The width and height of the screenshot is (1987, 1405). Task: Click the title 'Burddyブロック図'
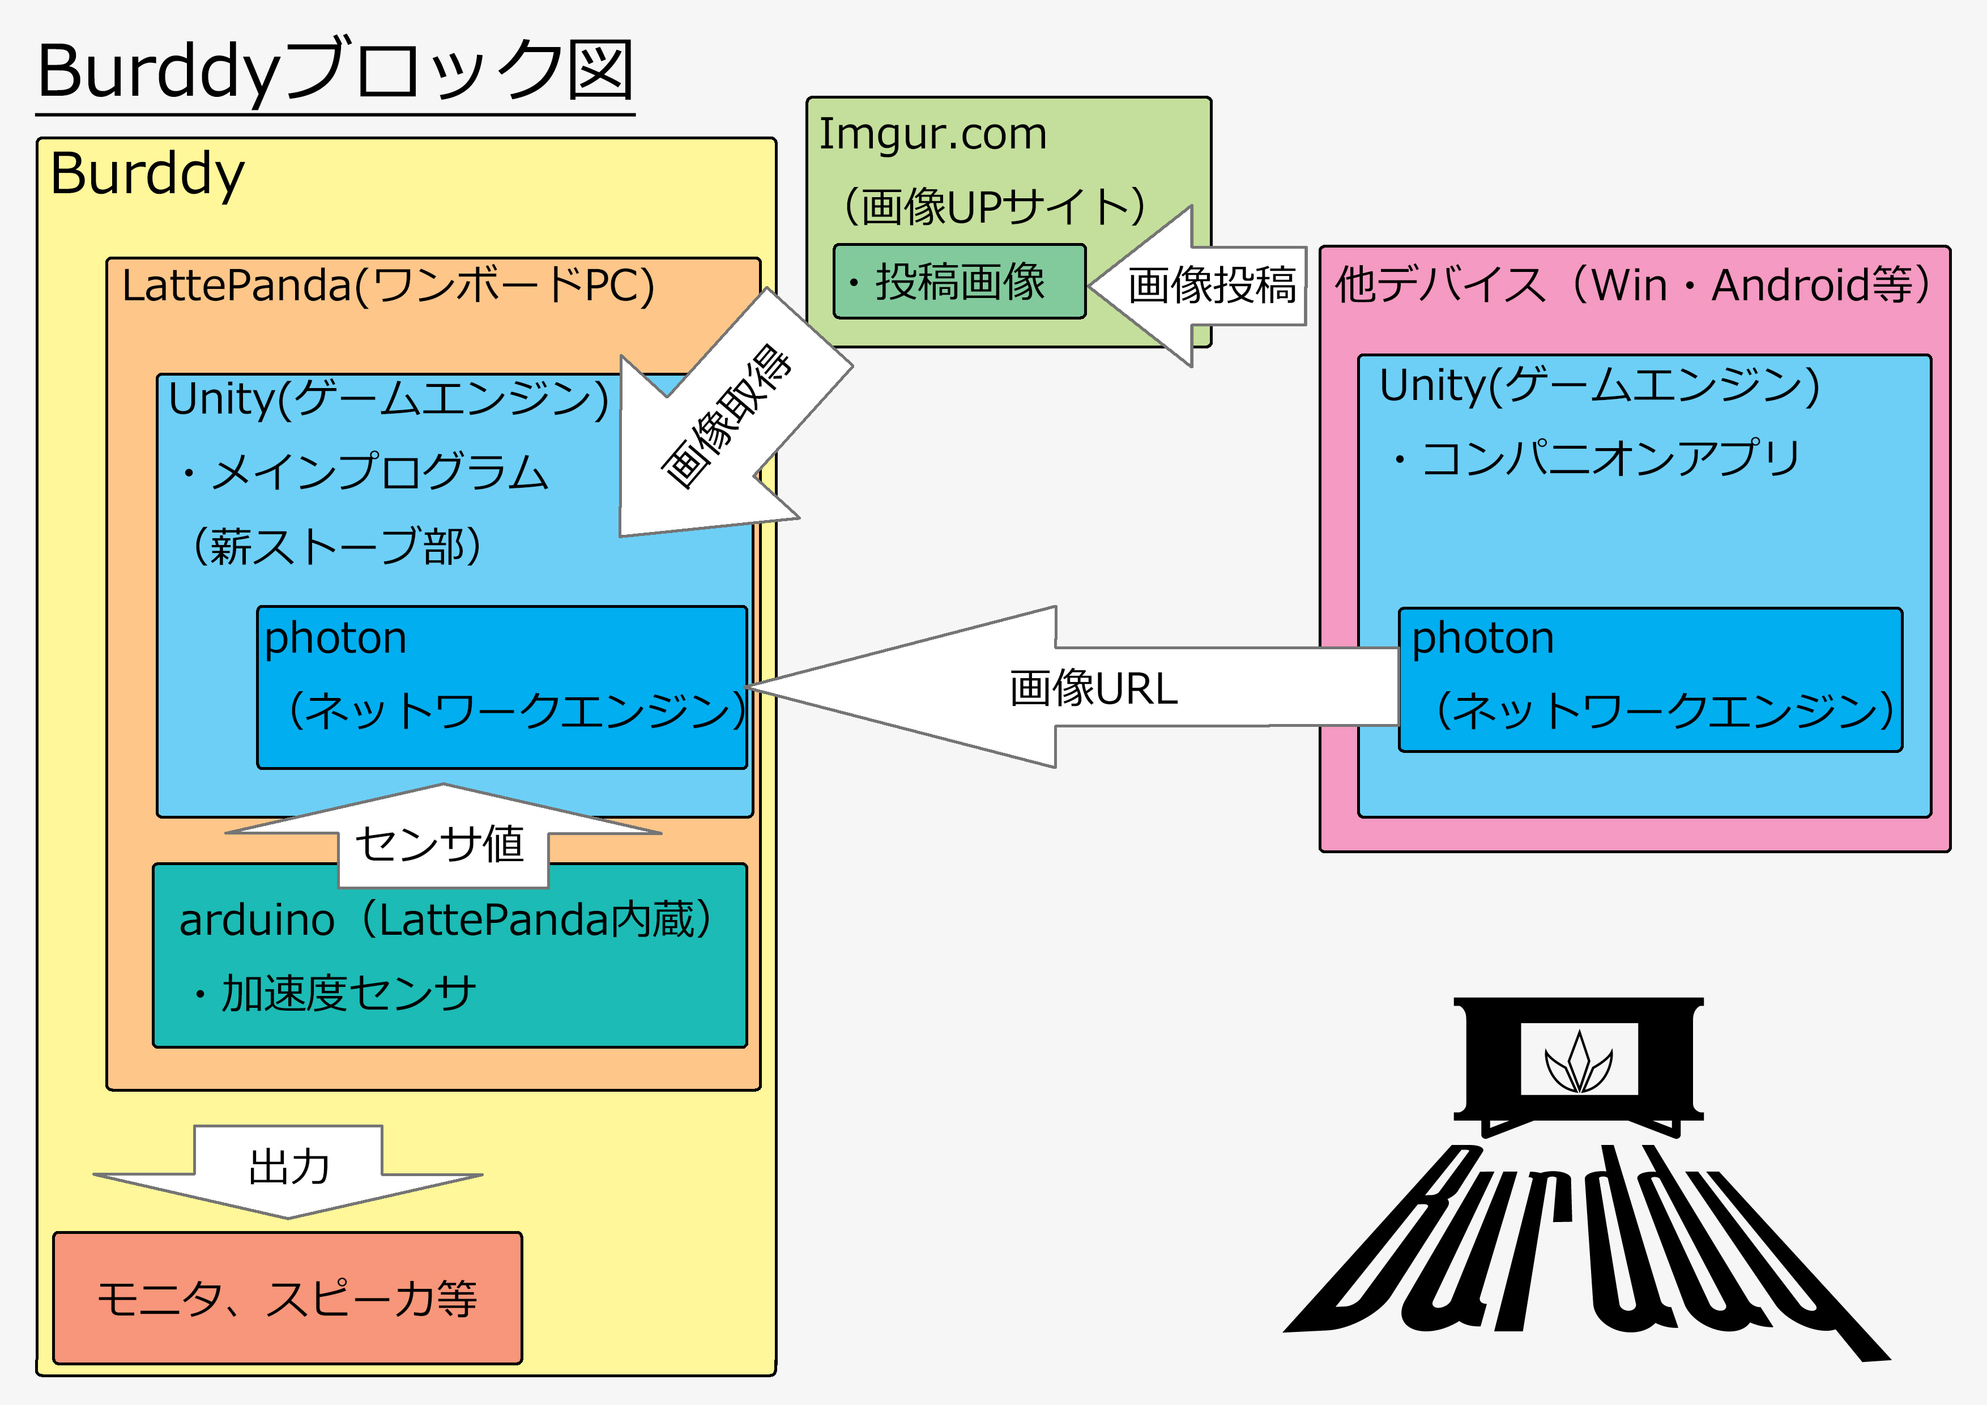[x=336, y=71]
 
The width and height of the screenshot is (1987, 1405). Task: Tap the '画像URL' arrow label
[x=1094, y=689]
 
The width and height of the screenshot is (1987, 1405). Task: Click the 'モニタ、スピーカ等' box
[x=287, y=1298]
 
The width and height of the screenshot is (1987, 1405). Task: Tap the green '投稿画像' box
[x=959, y=282]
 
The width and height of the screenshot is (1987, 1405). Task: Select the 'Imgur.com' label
[x=933, y=134]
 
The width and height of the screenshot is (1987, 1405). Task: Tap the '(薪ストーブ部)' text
[x=336, y=546]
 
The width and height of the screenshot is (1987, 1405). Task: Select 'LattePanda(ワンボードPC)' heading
[x=387, y=285]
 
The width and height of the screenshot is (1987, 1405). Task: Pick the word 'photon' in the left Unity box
[x=336, y=639]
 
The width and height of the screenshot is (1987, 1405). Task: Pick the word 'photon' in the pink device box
[x=1482, y=639]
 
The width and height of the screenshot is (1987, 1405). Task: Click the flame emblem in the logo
[x=1579, y=1063]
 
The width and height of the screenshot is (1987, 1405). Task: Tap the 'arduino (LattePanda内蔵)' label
[x=446, y=919]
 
